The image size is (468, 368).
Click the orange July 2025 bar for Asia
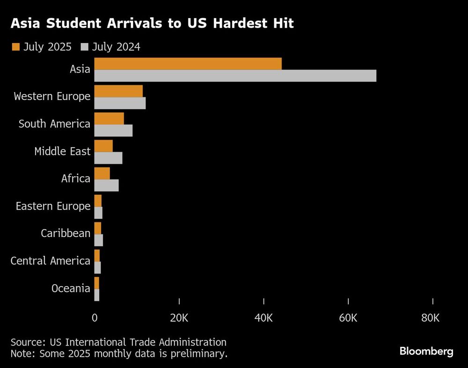coord(188,64)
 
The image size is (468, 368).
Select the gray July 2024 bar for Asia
coord(235,76)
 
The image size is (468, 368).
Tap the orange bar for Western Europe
coord(118,91)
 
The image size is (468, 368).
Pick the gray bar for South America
coord(113,130)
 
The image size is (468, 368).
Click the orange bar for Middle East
coord(103,146)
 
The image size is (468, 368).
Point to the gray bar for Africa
coord(106,185)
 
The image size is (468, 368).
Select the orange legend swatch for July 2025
coord(15,47)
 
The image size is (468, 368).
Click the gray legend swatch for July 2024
coord(85,47)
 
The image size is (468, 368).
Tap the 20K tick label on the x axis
coord(179,318)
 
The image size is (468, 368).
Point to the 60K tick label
coord(348,318)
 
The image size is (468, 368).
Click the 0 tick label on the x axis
coord(95,318)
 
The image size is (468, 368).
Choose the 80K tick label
coord(430,318)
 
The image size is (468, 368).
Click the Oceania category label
coord(71,289)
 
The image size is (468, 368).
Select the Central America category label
coord(50,261)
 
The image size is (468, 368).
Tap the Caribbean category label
coord(65,233)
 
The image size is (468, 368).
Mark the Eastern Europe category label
coord(53,206)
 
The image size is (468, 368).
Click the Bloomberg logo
coord(426,351)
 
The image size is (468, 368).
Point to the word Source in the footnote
coord(26,342)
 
